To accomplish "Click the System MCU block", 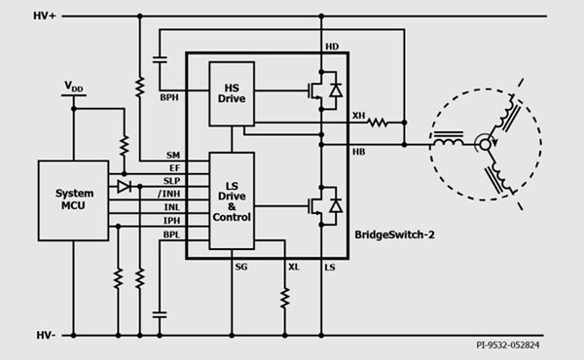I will [74, 200].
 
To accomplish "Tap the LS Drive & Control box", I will [231, 200].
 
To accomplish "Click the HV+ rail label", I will [47, 17].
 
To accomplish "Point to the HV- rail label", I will [47, 335].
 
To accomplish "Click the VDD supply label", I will [74, 87].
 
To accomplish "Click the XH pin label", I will [358, 116].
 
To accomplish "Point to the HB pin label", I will [358, 152].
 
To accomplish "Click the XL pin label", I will [293, 267].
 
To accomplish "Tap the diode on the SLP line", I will [125, 185].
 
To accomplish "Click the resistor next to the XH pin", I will [378, 124].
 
